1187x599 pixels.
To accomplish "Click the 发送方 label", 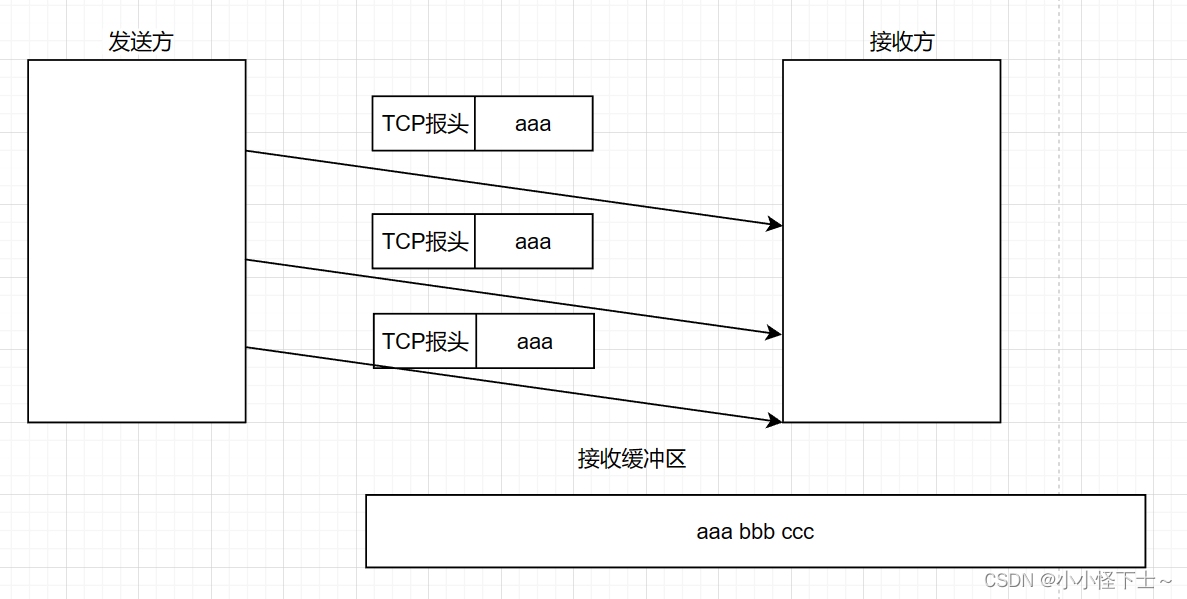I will point(140,42).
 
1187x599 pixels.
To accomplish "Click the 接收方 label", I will point(902,42).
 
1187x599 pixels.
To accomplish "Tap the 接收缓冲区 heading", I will point(632,459).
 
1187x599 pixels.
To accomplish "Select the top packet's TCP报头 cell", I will point(424,124).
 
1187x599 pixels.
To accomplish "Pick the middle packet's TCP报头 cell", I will point(424,241).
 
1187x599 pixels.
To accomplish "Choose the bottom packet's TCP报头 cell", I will point(425,341).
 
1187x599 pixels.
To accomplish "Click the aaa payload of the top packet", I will point(533,124).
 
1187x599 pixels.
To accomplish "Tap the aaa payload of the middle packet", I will point(533,241).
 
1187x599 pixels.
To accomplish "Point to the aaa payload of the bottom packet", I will point(535,341).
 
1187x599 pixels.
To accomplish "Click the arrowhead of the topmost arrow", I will point(775,225).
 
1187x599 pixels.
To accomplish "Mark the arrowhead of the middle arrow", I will point(775,332).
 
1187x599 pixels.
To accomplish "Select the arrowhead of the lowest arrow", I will point(775,421).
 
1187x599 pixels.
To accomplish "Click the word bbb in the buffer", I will point(757,532).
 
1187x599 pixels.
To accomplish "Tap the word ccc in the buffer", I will point(798,532).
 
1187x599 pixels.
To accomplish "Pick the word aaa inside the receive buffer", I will point(714,532).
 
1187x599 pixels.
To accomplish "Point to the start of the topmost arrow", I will point(248,151).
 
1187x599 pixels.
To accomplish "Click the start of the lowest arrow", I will point(248,348).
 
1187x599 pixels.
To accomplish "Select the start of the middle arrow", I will point(248,261).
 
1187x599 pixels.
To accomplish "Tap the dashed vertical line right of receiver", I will point(1059,250).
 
